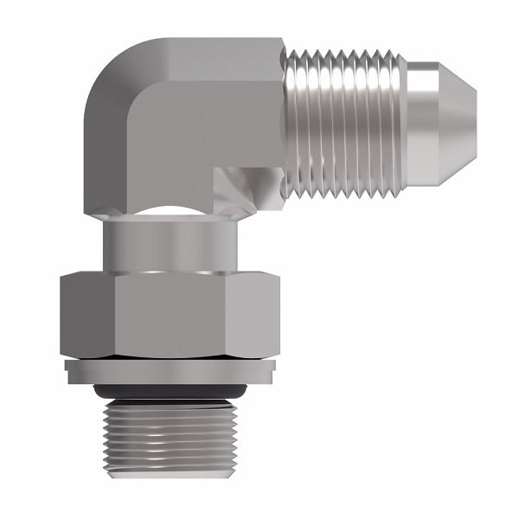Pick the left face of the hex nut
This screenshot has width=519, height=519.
pyautogui.click(x=86, y=316)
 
